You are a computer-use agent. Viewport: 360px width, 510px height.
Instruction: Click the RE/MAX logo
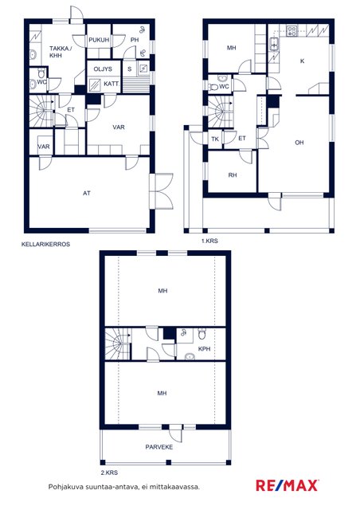pos(288,485)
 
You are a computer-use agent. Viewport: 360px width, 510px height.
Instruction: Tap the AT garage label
pos(87,193)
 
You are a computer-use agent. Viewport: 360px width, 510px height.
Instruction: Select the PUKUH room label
pos(99,40)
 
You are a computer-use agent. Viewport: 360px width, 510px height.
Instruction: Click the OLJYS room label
pos(103,69)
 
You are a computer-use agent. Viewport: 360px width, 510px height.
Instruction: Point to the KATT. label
pos(112,84)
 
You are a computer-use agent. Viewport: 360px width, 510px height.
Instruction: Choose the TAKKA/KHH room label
pos(59,52)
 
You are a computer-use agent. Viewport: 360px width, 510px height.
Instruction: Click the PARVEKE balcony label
pos(159,447)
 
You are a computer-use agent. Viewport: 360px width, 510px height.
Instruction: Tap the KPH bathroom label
pos(204,349)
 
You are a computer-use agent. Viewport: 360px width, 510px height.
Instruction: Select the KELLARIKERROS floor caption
pos(45,244)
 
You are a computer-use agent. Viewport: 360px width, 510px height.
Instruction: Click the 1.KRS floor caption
pos(209,241)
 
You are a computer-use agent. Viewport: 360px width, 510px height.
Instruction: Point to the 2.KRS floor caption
pos(109,473)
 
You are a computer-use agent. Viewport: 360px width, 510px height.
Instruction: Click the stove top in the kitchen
pos(292,31)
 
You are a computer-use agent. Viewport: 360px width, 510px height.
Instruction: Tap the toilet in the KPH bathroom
pos(202,333)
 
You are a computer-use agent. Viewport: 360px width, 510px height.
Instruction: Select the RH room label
pos(233,175)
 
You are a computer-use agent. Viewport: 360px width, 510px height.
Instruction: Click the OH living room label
pos(299,143)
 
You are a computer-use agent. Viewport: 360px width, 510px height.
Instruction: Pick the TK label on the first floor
pos(215,139)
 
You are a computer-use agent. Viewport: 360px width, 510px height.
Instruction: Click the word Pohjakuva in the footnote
pos(66,487)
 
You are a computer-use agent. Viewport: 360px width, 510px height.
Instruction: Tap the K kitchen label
pos(303,61)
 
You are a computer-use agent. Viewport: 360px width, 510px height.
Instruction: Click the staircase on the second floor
pos(118,344)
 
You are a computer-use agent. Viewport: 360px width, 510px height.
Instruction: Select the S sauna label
pos(130,69)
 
